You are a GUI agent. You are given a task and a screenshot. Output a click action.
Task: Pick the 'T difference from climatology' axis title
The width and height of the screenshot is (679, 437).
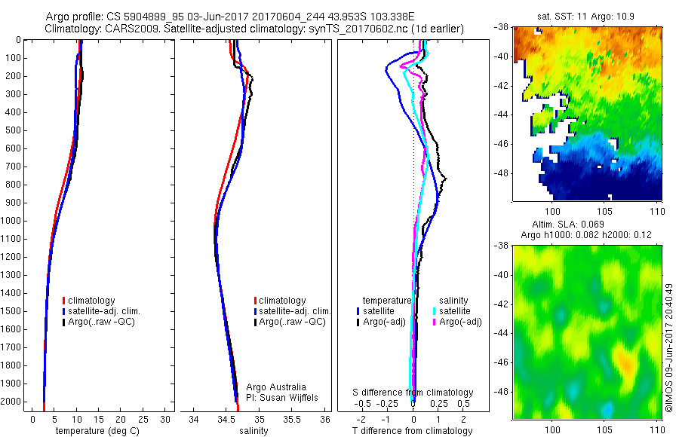click(413, 431)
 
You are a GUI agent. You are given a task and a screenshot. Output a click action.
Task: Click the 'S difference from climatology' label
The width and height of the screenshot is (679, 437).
click(413, 393)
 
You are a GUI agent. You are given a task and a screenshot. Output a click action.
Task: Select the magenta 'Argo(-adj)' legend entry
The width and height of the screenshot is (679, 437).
click(460, 322)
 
